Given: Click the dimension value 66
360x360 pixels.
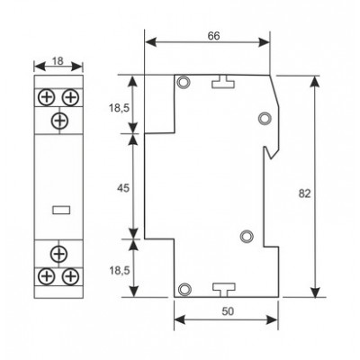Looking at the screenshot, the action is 213,36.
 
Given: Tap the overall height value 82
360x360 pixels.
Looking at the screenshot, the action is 304,193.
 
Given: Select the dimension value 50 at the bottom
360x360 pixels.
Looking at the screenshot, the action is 228,311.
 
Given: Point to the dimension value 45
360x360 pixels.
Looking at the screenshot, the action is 122,188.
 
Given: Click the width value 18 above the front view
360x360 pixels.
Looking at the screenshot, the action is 58,61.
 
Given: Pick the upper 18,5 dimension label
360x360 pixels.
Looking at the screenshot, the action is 119,108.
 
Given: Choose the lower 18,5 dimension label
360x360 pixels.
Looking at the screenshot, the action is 119,271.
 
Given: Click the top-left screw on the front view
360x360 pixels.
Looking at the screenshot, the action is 47,97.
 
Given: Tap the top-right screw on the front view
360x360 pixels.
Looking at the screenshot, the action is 70,97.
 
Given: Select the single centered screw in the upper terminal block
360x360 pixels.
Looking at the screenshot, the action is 59,121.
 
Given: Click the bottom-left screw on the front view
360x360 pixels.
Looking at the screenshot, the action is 47,276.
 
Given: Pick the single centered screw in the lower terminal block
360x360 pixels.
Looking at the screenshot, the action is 59,254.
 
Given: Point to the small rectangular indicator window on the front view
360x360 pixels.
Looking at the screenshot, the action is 61,210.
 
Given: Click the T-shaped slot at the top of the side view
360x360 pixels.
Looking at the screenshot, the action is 223,82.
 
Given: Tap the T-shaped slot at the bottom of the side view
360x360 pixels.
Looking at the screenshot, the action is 224,290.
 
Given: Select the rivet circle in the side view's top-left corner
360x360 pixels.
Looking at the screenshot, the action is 184,82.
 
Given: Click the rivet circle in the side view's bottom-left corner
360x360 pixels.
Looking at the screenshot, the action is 184,289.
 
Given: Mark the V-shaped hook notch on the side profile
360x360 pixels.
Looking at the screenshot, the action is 272,153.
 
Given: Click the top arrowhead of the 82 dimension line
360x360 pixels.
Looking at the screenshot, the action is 315,82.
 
